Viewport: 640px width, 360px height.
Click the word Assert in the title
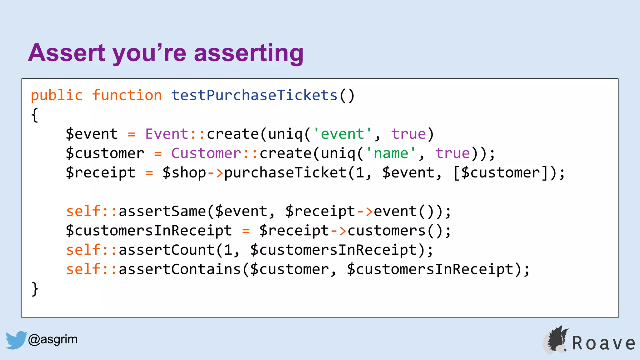click(x=67, y=53)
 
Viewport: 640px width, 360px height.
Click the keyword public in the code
click(x=57, y=95)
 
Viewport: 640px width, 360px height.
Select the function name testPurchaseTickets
click(x=254, y=95)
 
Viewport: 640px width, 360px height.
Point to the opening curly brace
click(x=35, y=115)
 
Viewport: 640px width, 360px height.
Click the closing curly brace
click(x=35, y=289)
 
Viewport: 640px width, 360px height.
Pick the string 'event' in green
click(x=342, y=134)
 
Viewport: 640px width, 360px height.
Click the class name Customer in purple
click(x=206, y=153)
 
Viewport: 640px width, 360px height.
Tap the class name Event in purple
click(x=167, y=134)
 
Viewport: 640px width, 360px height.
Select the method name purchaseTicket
click(x=285, y=173)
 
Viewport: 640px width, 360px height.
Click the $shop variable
click(x=184, y=173)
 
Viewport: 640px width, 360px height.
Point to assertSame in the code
click(x=162, y=212)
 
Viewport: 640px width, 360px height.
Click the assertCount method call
click(x=166, y=250)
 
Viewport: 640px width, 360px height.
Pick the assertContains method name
click(x=179, y=269)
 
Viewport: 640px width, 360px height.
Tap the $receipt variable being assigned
click(x=100, y=173)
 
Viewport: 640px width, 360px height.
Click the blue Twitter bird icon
click(x=16, y=340)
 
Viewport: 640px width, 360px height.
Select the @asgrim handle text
click(x=52, y=339)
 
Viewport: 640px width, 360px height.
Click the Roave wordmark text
click(x=603, y=343)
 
